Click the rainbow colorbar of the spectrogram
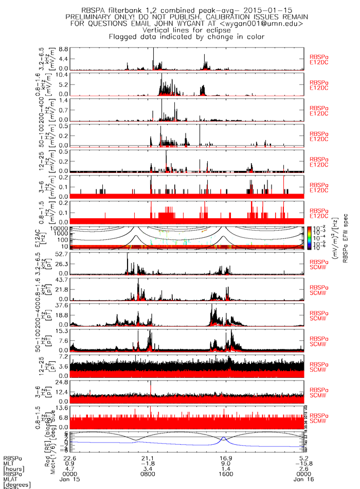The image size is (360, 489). click(x=309, y=237)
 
